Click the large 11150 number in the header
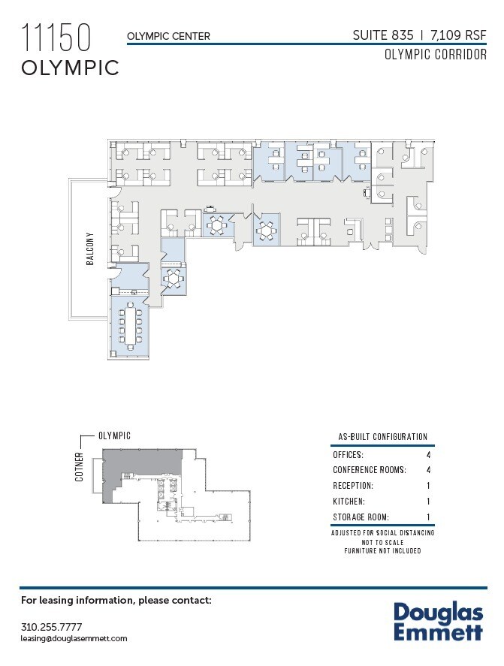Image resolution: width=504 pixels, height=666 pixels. click(x=56, y=37)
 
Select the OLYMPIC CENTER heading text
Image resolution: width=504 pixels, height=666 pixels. click(x=168, y=36)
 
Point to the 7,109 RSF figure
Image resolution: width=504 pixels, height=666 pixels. click(x=458, y=35)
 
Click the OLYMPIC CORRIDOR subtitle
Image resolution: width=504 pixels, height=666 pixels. click(x=435, y=55)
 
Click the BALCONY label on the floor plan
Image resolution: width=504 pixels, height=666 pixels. click(x=89, y=253)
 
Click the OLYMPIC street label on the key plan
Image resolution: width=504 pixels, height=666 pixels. click(x=115, y=435)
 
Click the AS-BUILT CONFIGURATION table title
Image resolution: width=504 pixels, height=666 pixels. click(x=382, y=437)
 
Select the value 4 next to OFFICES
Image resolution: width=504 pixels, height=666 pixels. click(x=428, y=454)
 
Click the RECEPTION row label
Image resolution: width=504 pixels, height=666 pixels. click(x=353, y=486)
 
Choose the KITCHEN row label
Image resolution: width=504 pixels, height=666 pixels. click(x=349, y=502)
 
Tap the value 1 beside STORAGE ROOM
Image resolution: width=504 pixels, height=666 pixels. click(x=428, y=517)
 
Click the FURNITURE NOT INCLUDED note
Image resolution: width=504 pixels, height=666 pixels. click(x=382, y=551)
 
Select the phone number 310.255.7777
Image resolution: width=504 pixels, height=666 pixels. click(x=51, y=627)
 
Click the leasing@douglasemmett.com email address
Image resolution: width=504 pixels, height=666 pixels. click(x=74, y=638)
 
